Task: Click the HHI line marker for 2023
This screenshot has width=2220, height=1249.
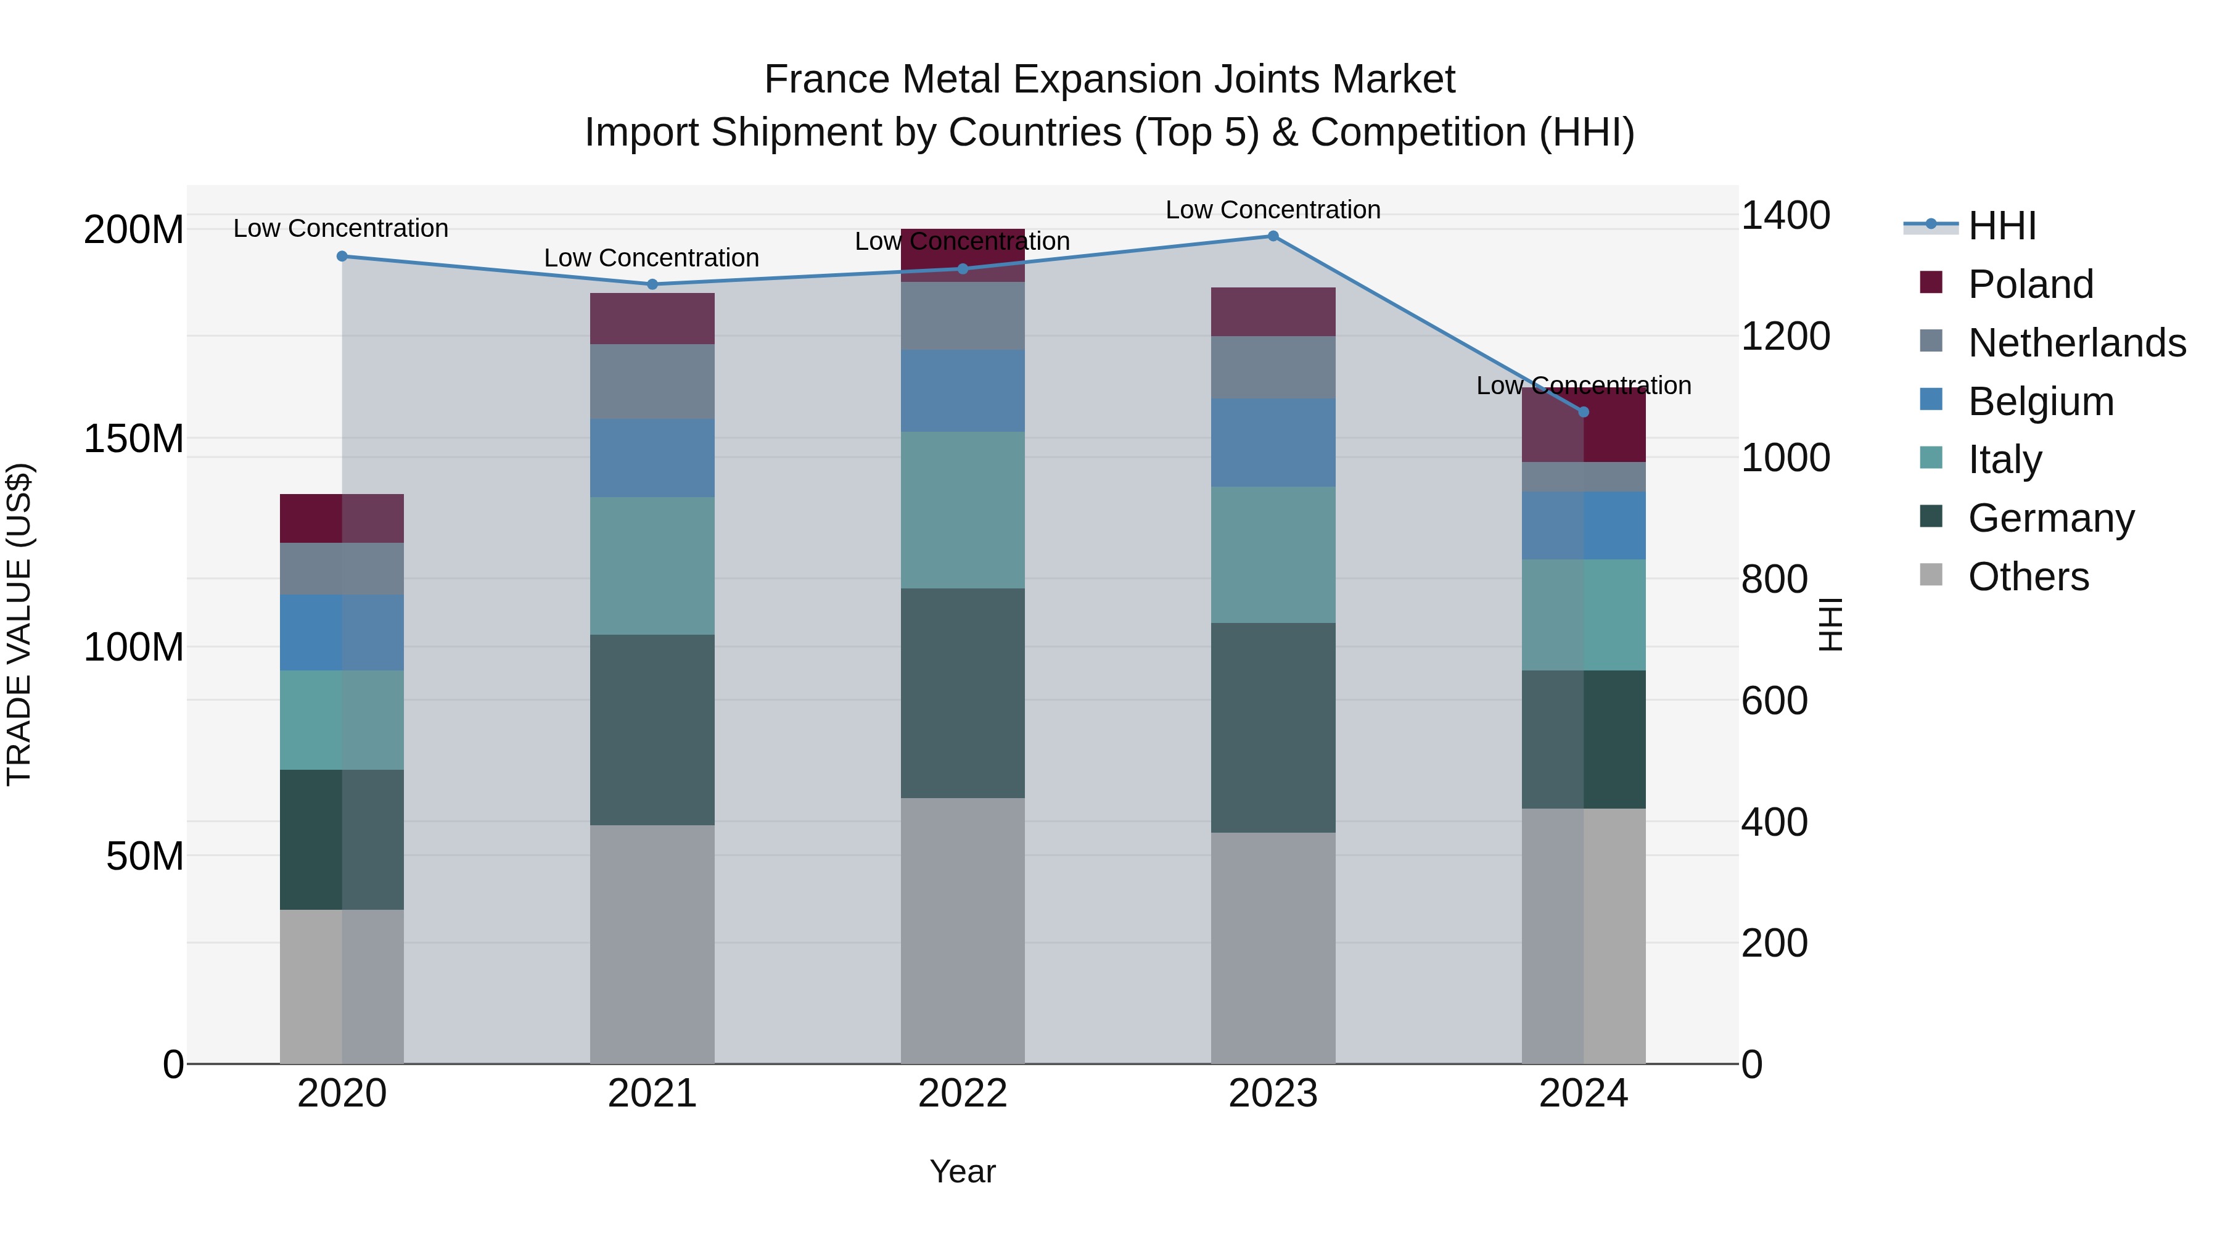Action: point(1273,236)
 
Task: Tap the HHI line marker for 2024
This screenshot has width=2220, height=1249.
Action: point(1583,412)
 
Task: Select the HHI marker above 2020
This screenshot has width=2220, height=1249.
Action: point(342,256)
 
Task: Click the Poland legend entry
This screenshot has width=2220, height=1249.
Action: point(2029,284)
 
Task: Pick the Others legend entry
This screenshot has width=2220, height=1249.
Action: point(2028,577)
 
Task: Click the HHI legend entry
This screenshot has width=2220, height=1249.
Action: point(2002,226)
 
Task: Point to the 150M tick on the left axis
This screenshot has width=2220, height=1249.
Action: point(134,439)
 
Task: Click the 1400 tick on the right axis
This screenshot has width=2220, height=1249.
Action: point(1785,215)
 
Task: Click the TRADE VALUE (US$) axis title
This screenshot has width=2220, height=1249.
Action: point(19,624)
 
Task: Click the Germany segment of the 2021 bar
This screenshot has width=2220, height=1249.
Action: point(652,730)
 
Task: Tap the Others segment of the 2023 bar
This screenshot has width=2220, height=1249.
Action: point(1273,948)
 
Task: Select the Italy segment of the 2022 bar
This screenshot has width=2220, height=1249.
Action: point(963,510)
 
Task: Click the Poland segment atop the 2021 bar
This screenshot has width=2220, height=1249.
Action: point(652,319)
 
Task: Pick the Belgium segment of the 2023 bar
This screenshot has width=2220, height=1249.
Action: point(1273,442)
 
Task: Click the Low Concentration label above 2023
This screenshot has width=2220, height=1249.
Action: point(1273,210)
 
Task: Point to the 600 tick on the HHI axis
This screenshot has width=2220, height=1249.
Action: point(1774,701)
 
